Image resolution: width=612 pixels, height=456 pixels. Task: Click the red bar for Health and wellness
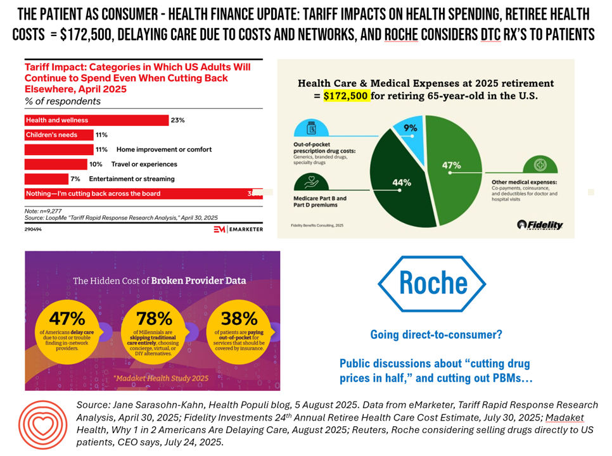pos(96,120)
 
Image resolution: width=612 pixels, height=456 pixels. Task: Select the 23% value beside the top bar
pos(178,120)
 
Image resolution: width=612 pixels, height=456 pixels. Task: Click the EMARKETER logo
pos(238,229)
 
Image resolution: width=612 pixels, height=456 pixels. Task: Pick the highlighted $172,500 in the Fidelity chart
pos(346,97)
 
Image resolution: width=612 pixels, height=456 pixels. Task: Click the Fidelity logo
pos(540,225)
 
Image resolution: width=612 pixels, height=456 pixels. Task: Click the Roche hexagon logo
pos(432,285)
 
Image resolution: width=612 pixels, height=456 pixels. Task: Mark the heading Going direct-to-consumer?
pos(432,334)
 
